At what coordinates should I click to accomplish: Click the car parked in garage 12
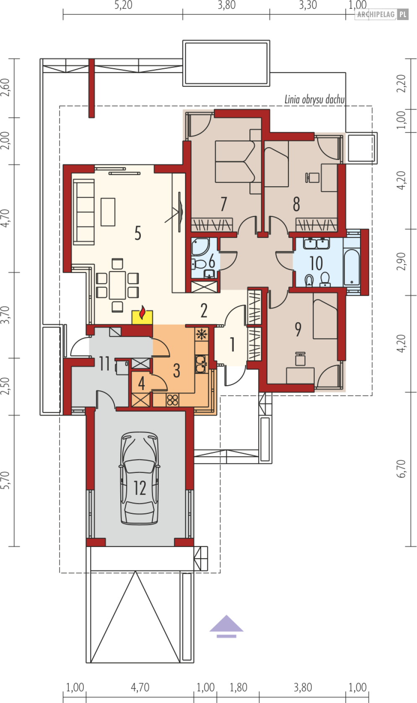(139, 478)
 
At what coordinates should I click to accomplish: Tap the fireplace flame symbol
(142, 312)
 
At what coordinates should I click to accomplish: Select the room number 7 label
(223, 204)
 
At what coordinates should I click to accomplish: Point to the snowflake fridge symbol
(201, 334)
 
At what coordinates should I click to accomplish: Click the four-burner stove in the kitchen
(172, 400)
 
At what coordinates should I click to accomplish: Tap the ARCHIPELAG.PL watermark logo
(381, 14)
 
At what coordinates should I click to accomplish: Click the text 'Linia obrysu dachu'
(314, 99)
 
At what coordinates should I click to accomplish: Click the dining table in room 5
(117, 285)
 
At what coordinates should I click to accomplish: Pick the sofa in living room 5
(84, 212)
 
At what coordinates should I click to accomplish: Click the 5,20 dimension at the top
(123, 5)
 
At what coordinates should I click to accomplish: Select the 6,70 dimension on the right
(401, 469)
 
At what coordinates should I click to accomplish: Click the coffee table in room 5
(108, 212)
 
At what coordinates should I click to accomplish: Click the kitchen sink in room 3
(201, 364)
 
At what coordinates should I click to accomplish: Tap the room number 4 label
(141, 383)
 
